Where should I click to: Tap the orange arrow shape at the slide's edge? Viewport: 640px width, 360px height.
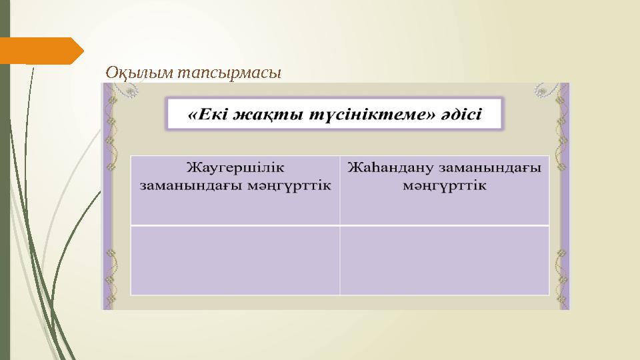tap(40, 51)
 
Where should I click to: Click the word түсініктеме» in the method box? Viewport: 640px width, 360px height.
tap(371, 114)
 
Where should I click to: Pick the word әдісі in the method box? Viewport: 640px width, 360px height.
tap(462, 114)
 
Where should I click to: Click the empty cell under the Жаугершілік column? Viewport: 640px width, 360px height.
tap(235, 260)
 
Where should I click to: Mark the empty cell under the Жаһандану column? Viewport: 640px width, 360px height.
tap(444, 260)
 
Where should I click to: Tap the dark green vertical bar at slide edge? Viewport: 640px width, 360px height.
tap(5, 200)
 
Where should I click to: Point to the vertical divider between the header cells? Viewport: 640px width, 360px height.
tap(340, 190)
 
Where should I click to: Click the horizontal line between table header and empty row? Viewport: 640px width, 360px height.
tap(340, 225)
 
